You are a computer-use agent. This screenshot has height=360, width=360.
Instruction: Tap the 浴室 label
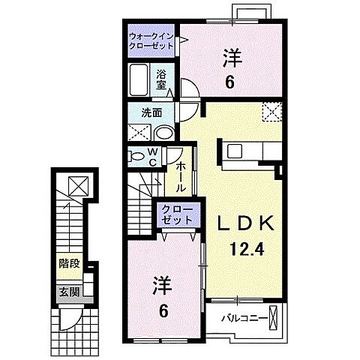click(160, 79)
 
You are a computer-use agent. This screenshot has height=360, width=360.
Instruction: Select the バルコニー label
click(244, 318)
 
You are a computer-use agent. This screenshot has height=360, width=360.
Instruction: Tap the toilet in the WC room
click(136, 156)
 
